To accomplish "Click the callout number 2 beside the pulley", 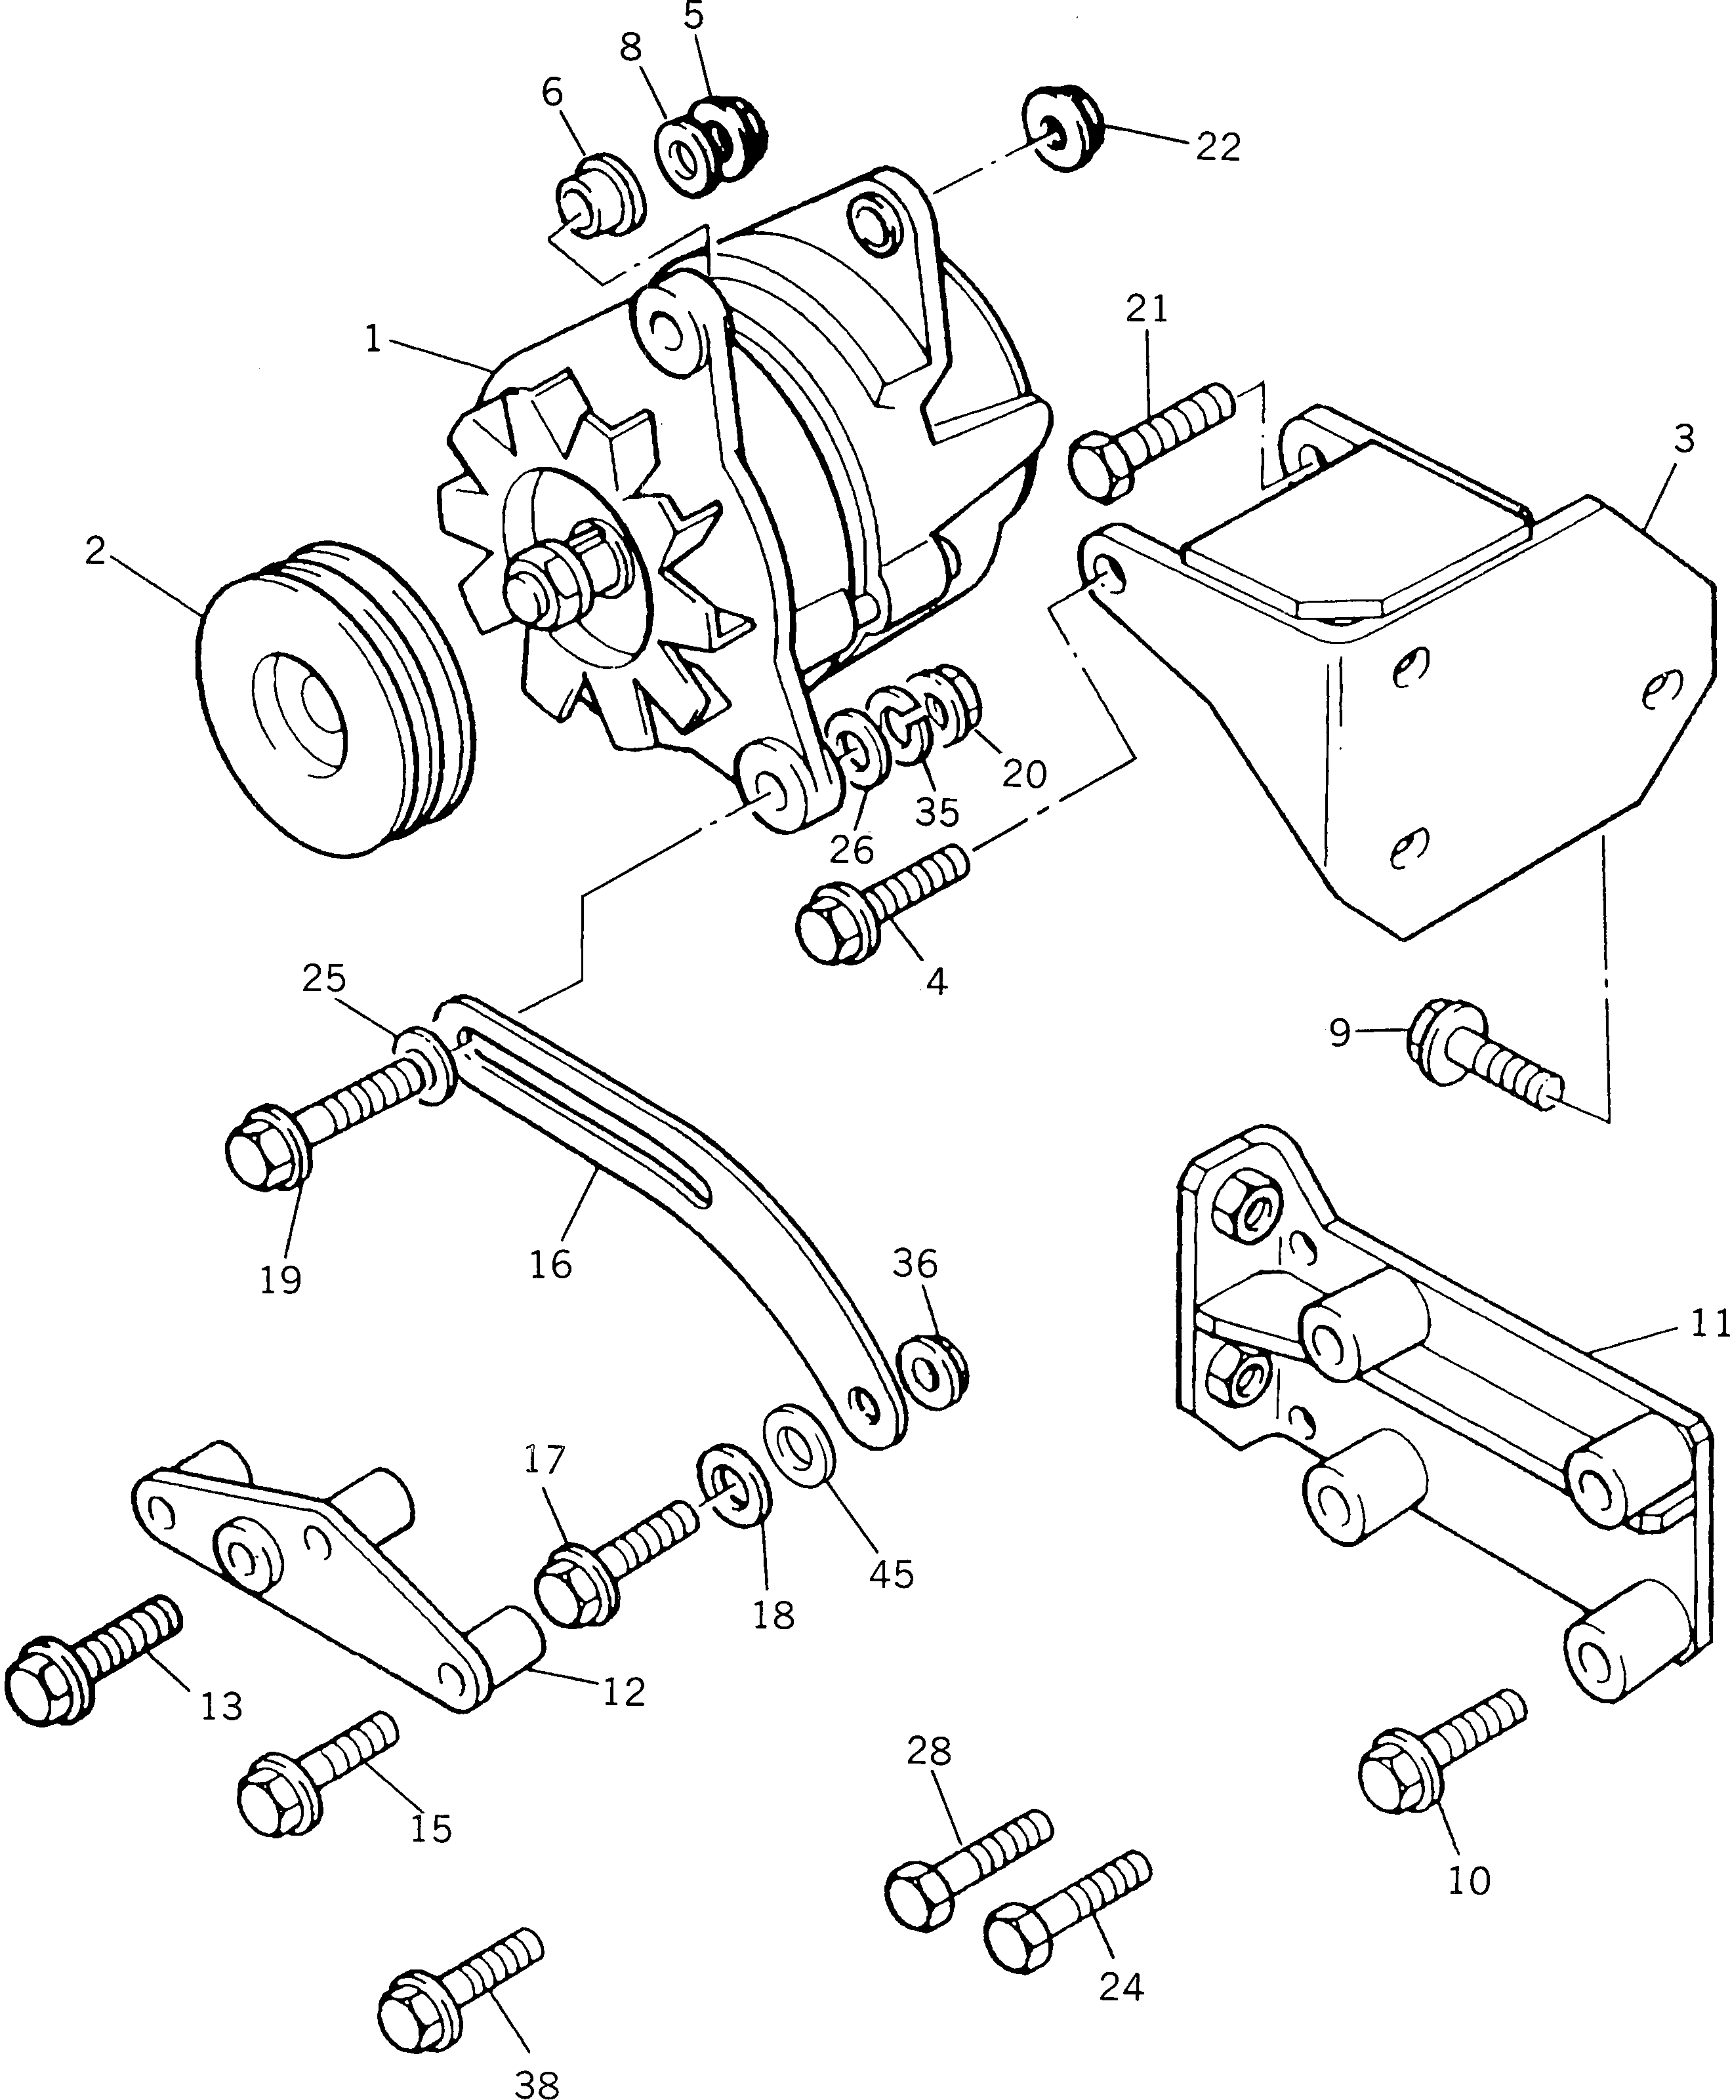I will tap(94, 551).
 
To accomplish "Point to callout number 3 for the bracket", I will tap(1684, 439).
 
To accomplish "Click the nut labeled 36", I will tap(933, 1378).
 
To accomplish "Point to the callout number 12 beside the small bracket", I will tap(624, 1691).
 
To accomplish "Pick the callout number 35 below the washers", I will tap(937, 812).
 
